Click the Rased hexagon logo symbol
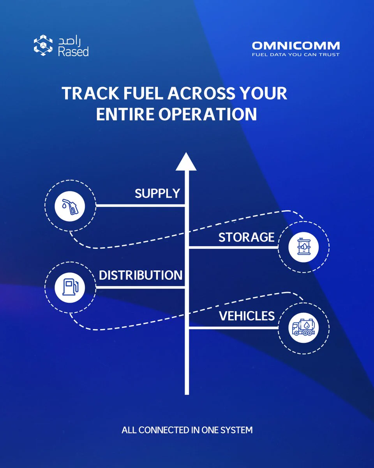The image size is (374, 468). [43, 45]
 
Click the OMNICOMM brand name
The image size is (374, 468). [296, 46]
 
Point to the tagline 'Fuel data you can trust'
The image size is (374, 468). [296, 55]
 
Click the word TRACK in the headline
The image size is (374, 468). [90, 93]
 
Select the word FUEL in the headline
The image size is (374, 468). [143, 93]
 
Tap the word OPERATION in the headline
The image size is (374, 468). [208, 114]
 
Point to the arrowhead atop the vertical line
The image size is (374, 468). [186, 161]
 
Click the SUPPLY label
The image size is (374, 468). [157, 193]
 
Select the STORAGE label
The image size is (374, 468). [247, 237]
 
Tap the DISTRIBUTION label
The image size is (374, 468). [141, 275]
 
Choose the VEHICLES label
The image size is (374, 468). [247, 316]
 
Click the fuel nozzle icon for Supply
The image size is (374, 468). [70, 206]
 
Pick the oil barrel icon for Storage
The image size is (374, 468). [303, 246]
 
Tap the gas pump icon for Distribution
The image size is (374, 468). [70, 287]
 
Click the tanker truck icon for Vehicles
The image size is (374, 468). [303, 327]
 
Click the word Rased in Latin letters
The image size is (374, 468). [73, 51]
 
